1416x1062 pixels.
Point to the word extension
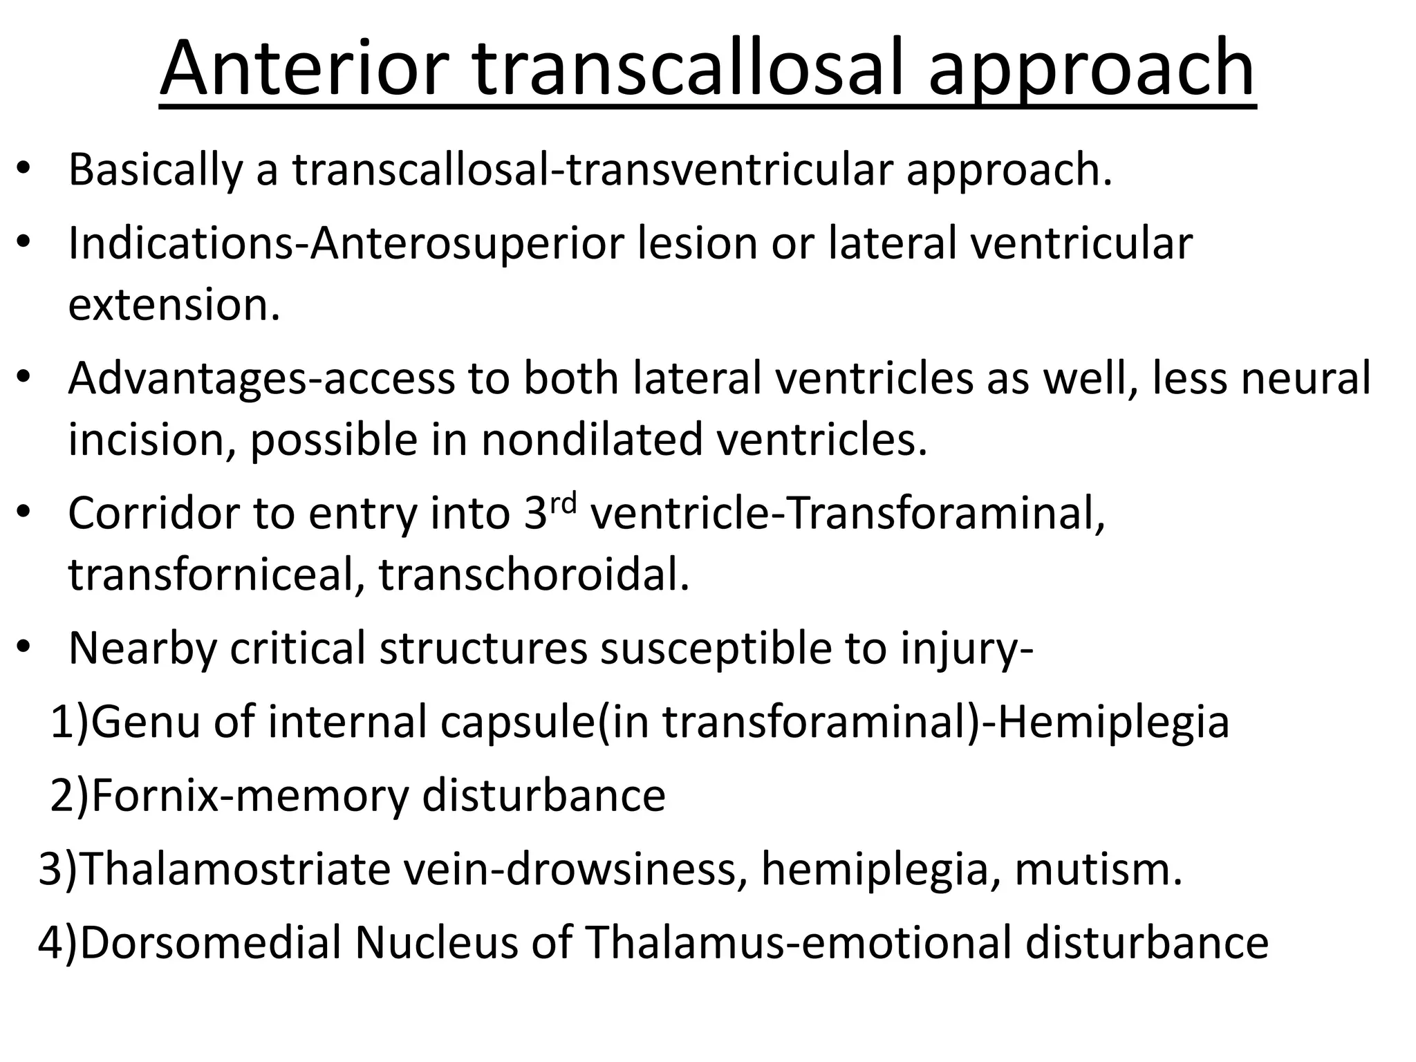[x=174, y=304]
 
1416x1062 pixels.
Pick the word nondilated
[x=592, y=439]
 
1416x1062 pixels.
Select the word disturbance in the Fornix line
[x=543, y=795]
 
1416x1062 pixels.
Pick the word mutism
[x=1099, y=869]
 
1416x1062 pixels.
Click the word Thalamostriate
[x=236, y=869]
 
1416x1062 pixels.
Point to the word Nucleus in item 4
[x=436, y=942]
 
